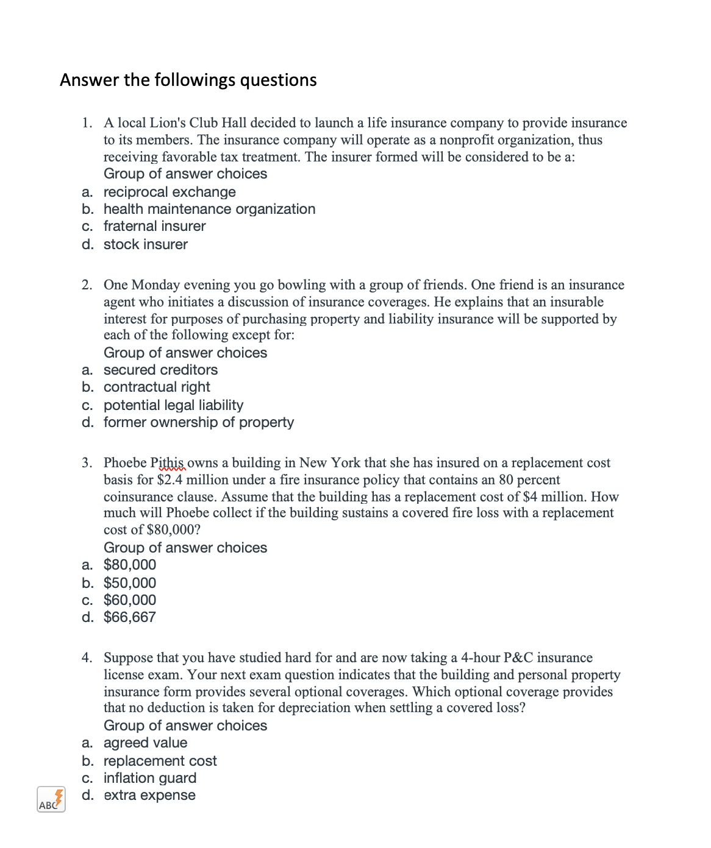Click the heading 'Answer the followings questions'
tap(188, 80)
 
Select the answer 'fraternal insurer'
tap(154, 227)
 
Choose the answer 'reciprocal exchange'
tap(169, 193)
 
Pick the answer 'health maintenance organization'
tap(209, 210)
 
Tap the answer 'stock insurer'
tap(145, 245)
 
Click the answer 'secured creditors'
tap(160, 370)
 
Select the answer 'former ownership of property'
tap(198, 423)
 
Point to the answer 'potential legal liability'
tap(173, 406)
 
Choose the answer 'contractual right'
tap(157, 387)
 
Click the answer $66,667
tap(129, 618)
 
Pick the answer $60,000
tap(129, 601)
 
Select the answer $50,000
tap(129, 584)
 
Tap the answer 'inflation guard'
tap(149, 779)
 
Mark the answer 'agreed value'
tap(145, 743)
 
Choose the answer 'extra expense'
tap(149, 796)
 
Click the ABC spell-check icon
tap(51, 799)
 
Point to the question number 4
tap(87, 658)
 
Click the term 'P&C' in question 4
tap(518, 658)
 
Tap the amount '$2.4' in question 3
tap(170, 480)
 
